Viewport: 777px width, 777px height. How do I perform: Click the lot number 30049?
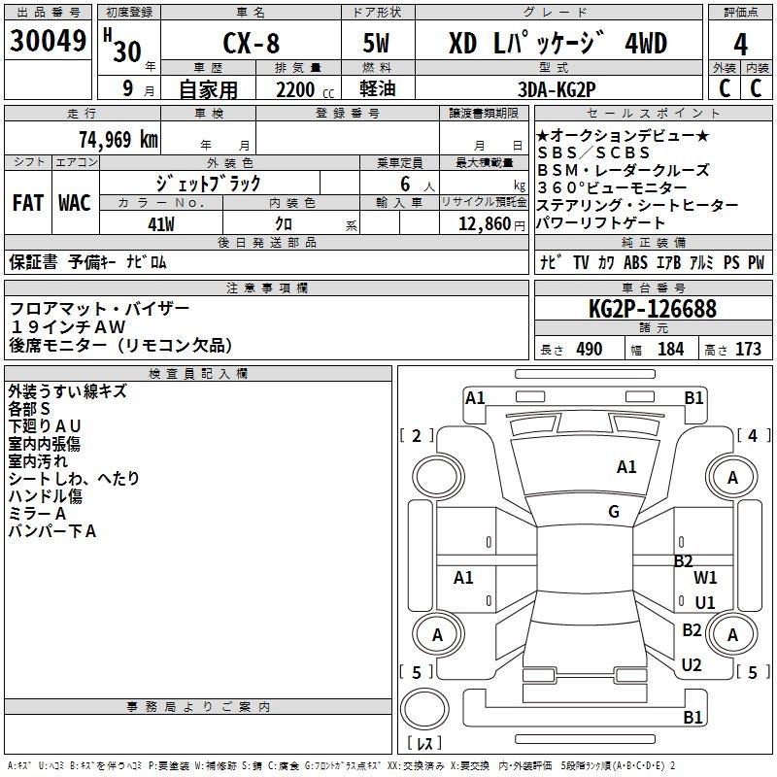pyautogui.click(x=48, y=42)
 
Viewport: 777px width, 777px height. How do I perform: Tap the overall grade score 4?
pyautogui.click(x=741, y=45)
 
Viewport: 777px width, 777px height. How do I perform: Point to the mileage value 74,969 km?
pyautogui.click(x=117, y=139)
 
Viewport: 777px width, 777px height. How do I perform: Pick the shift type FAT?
pyautogui.click(x=28, y=203)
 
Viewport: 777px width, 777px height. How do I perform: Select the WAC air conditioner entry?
pyautogui.click(x=75, y=203)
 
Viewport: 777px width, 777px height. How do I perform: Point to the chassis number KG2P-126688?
pyautogui.click(x=653, y=310)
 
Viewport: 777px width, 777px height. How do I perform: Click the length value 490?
pyautogui.click(x=589, y=350)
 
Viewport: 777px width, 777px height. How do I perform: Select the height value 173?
pyautogui.click(x=748, y=350)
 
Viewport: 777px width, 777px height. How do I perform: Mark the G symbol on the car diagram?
pyautogui.click(x=614, y=512)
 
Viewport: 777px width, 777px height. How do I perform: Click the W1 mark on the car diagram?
pyautogui.click(x=705, y=577)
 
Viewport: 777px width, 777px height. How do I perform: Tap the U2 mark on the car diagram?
pyautogui.click(x=692, y=665)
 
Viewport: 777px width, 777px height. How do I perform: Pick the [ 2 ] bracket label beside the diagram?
pyautogui.click(x=417, y=435)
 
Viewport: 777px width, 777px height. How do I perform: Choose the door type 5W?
pyautogui.click(x=378, y=45)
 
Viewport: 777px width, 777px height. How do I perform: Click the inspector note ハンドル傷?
pyautogui.click(x=46, y=495)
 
